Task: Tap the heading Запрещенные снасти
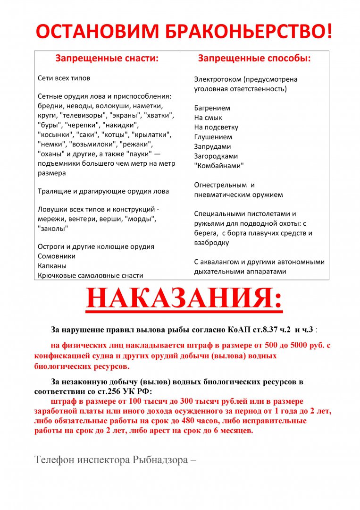(x=107, y=59)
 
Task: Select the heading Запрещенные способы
(x=254, y=59)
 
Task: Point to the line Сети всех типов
(x=64, y=78)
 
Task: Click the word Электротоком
(x=218, y=79)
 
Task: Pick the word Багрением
(x=212, y=108)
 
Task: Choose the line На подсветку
(x=216, y=127)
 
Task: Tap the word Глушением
(x=213, y=137)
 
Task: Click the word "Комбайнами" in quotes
(x=219, y=166)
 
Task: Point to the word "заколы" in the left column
(x=53, y=229)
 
